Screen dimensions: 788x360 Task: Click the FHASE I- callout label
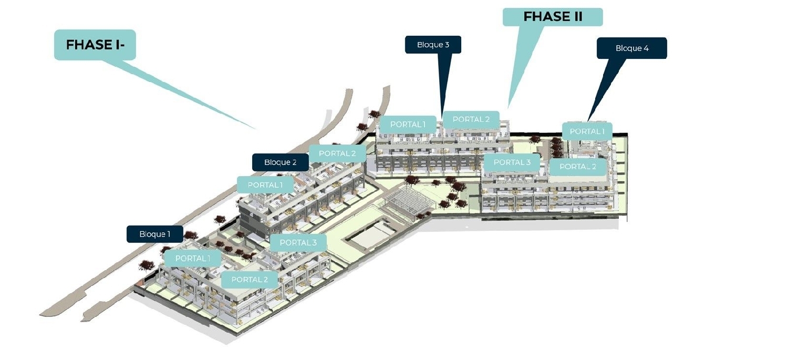pyautogui.click(x=95, y=45)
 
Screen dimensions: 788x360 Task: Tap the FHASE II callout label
pyautogui.click(x=553, y=17)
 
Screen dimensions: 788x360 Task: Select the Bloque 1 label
pyautogui.click(x=155, y=234)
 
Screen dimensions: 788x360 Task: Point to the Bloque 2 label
pyautogui.click(x=281, y=162)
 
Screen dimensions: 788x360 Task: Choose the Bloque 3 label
pyautogui.click(x=433, y=45)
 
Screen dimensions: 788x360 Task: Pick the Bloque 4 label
pyautogui.click(x=632, y=48)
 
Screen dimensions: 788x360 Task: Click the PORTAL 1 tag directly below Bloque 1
pyautogui.click(x=193, y=258)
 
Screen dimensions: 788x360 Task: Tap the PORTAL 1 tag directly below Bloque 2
pyautogui.click(x=265, y=185)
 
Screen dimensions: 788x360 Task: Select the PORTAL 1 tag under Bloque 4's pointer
pyautogui.click(x=587, y=131)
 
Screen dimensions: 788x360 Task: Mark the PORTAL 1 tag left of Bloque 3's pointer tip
pyautogui.click(x=408, y=124)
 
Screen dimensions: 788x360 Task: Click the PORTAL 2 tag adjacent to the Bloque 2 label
pyautogui.click(x=337, y=153)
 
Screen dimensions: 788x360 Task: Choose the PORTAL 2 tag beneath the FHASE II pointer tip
pyautogui.click(x=471, y=119)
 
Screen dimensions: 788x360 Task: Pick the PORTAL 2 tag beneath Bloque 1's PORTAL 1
pyautogui.click(x=250, y=280)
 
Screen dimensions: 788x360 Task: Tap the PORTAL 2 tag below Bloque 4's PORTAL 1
pyautogui.click(x=578, y=167)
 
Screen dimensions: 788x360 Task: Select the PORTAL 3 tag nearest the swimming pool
pyautogui.click(x=298, y=242)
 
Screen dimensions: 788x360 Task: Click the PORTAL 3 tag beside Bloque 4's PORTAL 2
pyautogui.click(x=512, y=162)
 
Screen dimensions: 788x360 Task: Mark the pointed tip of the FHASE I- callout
pyautogui.click(x=256, y=129)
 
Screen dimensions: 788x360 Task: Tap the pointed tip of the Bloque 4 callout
pyautogui.click(x=588, y=121)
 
